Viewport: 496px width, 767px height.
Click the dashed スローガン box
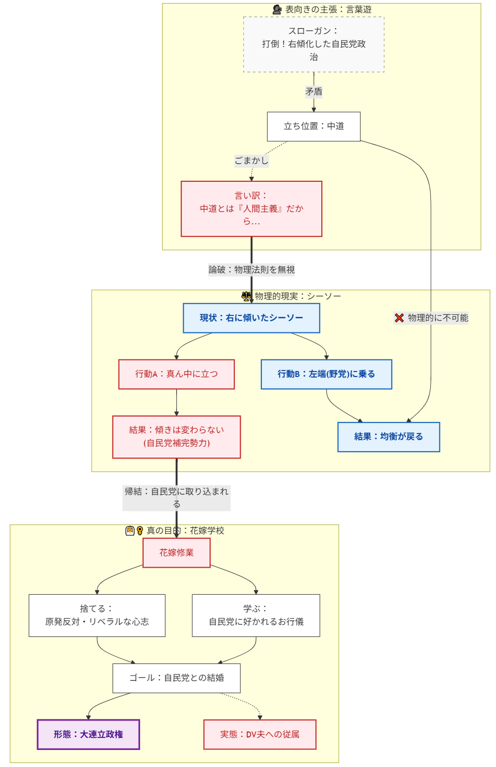(x=314, y=45)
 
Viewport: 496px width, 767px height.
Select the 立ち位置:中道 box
(x=314, y=126)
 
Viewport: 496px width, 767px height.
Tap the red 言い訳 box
(x=251, y=209)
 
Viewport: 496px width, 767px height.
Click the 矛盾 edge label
(x=314, y=92)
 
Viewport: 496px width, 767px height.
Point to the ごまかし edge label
(x=251, y=161)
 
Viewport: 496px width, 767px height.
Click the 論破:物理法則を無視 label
(x=251, y=270)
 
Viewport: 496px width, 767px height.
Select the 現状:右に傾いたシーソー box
(x=251, y=318)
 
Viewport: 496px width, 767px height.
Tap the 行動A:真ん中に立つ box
(x=176, y=374)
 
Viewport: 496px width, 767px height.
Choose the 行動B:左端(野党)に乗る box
(x=326, y=374)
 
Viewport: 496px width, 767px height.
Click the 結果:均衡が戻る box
(x=388, y=437)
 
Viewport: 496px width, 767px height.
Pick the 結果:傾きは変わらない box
(x=176, y=437)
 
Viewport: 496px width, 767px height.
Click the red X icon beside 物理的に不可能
(x=399, y=318)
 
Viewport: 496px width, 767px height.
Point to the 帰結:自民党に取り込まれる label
(x=176, y=498)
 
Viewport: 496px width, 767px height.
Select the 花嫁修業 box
(x=176, y=553)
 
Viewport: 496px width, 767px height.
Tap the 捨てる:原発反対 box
(x=97, y=615)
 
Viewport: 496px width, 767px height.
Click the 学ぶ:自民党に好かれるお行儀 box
(x=256, y=615)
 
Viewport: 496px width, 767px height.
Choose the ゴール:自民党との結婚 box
(x=176, y=678)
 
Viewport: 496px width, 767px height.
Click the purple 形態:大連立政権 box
(x=88, y=734)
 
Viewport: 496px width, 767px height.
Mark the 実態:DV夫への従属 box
(x=260, y=734)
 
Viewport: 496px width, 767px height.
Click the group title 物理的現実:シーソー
(x=297, y=296)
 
